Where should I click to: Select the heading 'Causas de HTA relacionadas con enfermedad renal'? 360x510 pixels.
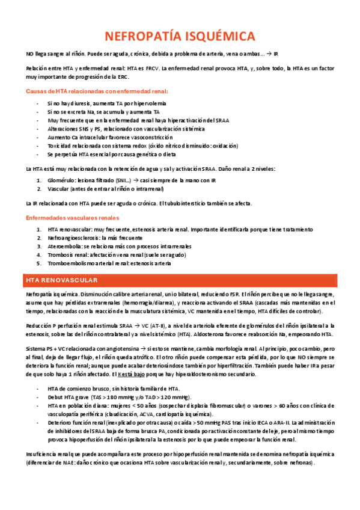click(97, 91)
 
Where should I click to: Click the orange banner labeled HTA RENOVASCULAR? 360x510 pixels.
click(180, 281)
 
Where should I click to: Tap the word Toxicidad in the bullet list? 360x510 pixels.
click(59, 146)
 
